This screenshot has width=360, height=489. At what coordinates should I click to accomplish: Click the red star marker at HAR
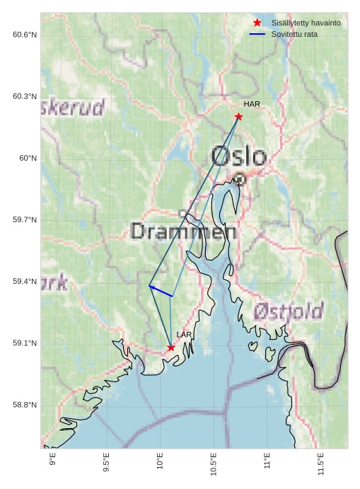pos(239,117)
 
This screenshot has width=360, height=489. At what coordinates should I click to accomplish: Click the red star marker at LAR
pos(171,347)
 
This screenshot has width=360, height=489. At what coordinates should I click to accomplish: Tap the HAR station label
pos(252,104)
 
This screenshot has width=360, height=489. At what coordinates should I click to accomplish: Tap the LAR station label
pos(184,335)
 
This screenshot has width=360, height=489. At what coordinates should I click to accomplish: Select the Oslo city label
pos(239,156)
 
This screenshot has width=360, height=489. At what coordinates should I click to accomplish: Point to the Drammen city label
pos(184,231)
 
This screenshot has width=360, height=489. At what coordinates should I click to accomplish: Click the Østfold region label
pos(289,311)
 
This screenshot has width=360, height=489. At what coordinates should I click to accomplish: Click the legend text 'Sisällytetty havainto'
pos(306,23)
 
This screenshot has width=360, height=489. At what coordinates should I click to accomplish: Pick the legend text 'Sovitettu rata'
pos(294,34)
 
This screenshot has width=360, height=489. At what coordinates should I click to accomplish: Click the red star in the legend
pos(257,23)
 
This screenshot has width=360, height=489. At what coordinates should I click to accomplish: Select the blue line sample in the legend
pos(257,34)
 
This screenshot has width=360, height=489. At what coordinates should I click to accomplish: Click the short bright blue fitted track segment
pos(161,291)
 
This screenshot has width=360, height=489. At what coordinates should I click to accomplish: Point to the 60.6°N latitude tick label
pos(25,35)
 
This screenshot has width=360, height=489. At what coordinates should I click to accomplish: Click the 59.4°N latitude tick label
pos(25,282)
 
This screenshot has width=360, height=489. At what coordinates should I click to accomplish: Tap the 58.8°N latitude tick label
pos(25,405)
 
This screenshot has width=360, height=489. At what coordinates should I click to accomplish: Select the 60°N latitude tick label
pos(28,159)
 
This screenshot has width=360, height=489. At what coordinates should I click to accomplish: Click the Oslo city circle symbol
pos(240,179)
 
